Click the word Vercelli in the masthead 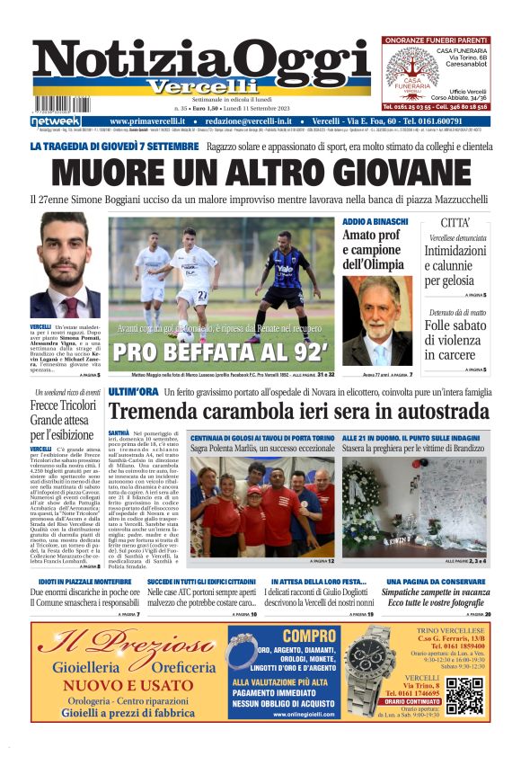(x=199, y=86)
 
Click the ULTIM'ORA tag (x=133, y=393)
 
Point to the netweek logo (x=56, y=121)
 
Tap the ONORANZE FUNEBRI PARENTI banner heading (x=436, y=40)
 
